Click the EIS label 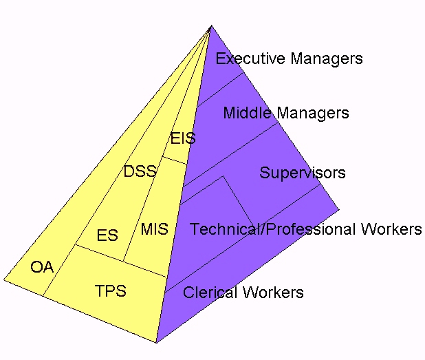coord(183,138)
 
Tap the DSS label coord(140,171)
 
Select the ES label coord(107,235)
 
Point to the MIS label coord(154,229)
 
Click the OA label coord(42,267)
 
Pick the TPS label coord(111,290)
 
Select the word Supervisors coord(302,172)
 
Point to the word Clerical coord(209,293)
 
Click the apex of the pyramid coord(210,25)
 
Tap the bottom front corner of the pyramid coord(156,342)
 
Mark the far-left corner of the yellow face coord(4,280)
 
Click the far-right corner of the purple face coord(339,209)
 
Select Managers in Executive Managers coord(326,59)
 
